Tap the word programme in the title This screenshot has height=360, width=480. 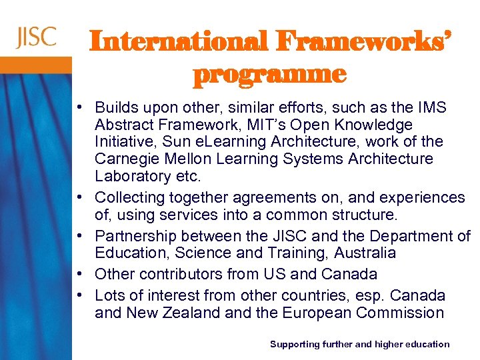pos(269,74)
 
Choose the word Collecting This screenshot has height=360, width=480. pos(129,198)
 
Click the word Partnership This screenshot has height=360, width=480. pos(133,236)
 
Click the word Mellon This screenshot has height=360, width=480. pos(182,159)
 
